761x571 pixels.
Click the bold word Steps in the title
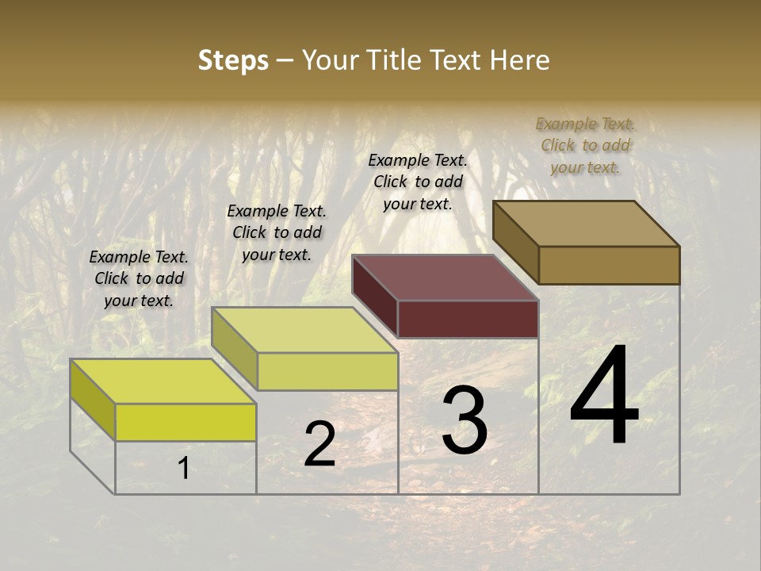pyautogui.click(x=233, y=60)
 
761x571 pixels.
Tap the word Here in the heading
pyautogui.click(x=519, y=60)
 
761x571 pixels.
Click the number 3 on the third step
pyautogui.click(x=465, y=421)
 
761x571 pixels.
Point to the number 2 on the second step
pyautogui.click(x=319, y=444)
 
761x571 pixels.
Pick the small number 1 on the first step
pyautogui.click(x=183, y=469)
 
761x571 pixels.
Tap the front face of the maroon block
pyautogui.click(x=468, y=320)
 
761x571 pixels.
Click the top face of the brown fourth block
pyautogui.click(x=587, y=223)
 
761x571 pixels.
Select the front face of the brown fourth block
pyautogui.click(x=609, y=265)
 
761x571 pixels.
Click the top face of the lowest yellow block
pyautogui.click(x=163, y=381)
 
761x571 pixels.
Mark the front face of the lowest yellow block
pyautogui.click(x=185, y=422)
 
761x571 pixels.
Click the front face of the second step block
pyautogui.click(x=327, y=371)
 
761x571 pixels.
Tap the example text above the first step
pyautogui.click(x=139, y=278)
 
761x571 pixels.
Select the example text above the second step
pyautogui.click(x=277, y=232)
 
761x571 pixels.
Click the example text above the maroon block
pyautogui.click(x=418, y=182)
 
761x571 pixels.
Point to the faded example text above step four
pyautogui.click(x=585, y=145)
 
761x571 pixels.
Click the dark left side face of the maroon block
pyautogui.click(x=375, y=296)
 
